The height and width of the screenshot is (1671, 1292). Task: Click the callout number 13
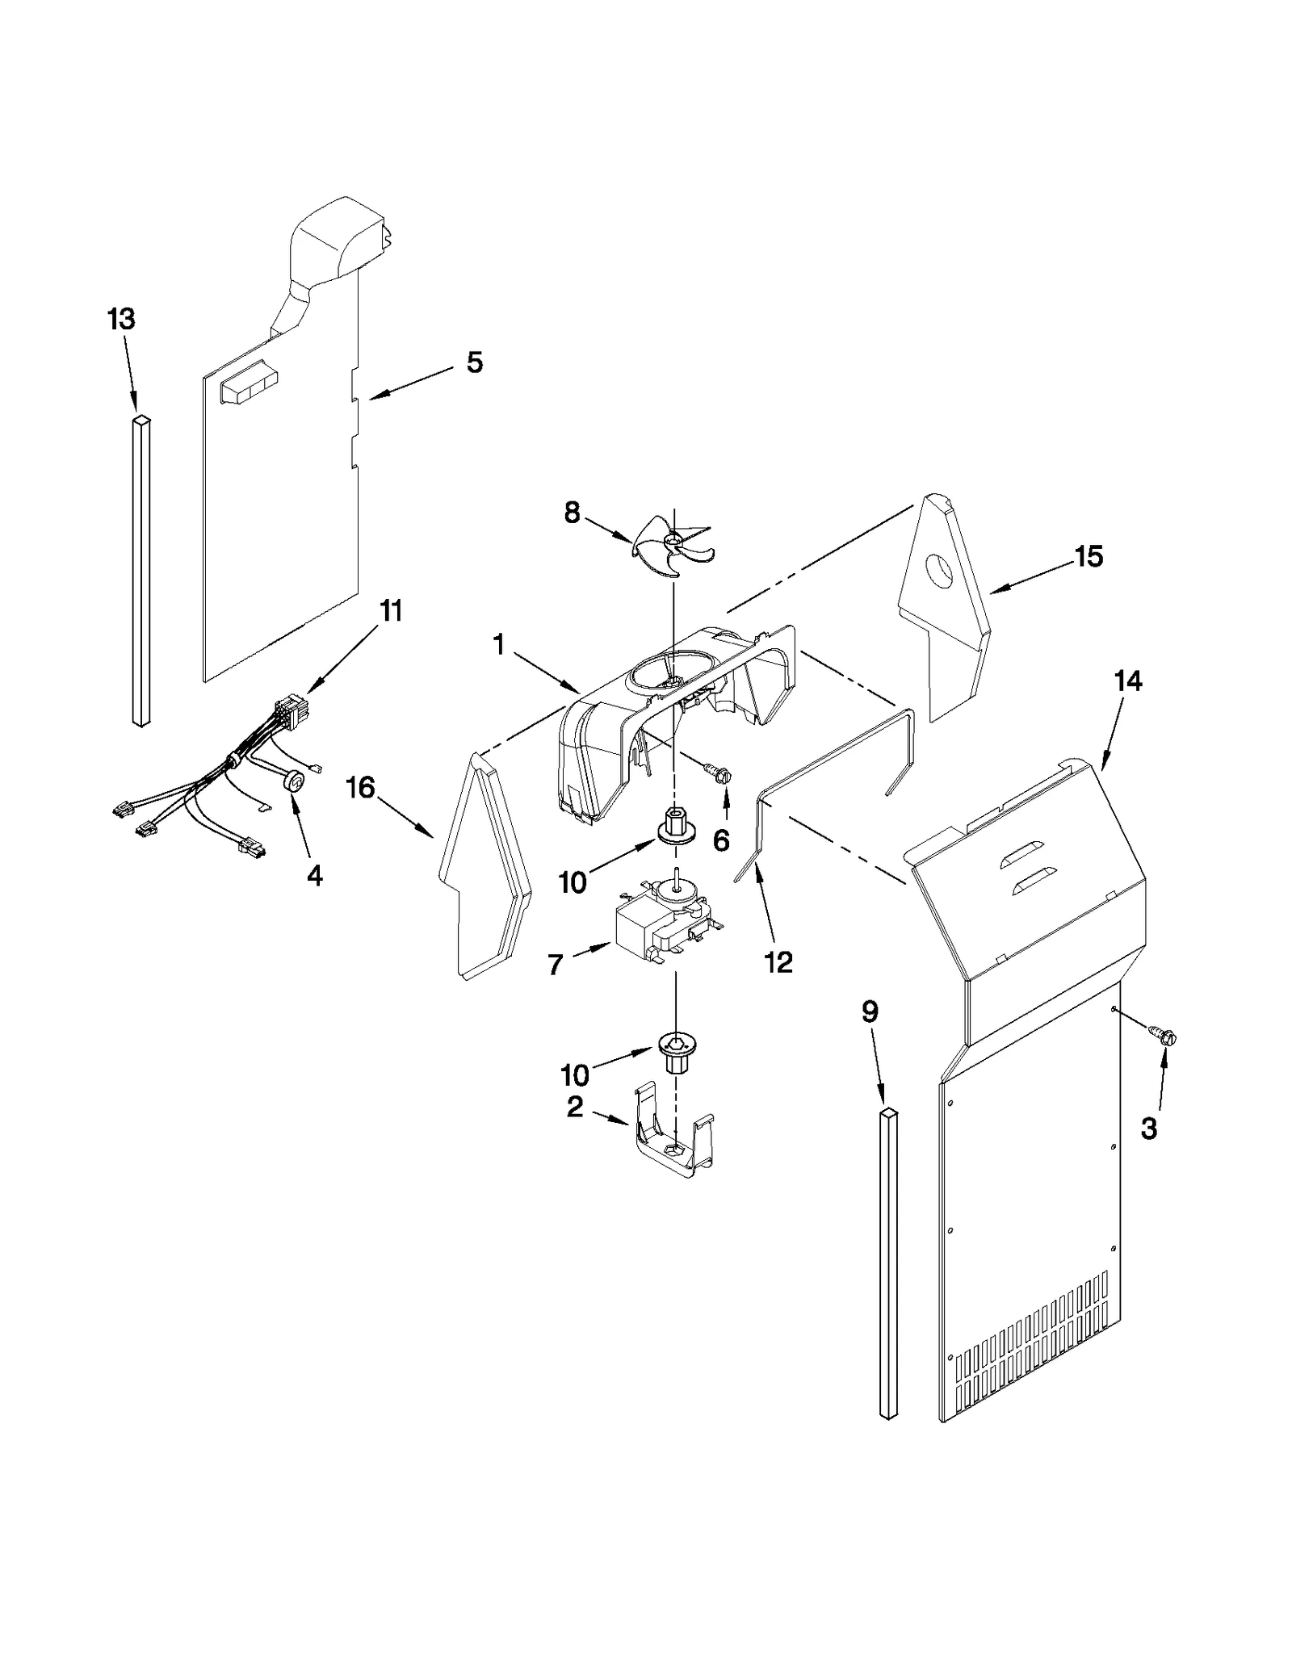pos(121,320)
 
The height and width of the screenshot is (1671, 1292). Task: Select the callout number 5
pos(475,362)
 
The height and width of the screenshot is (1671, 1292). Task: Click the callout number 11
pos(391,611)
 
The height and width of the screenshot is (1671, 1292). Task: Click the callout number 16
pos(360,787)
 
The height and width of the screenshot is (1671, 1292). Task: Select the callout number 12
pos(778,961)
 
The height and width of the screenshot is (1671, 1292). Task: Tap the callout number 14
pos(1128,681)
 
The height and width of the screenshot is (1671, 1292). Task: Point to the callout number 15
pos(1089,556)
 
